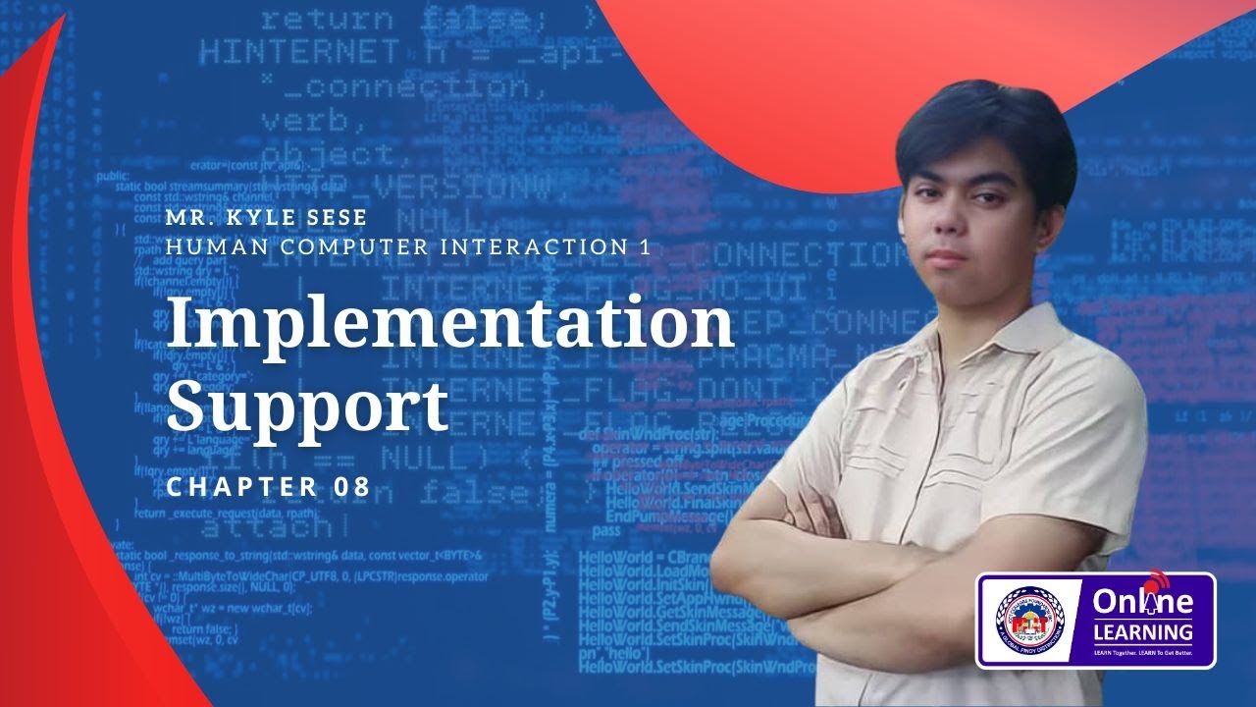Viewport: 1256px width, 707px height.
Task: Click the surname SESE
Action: pyautogui.click(x=339, y=217)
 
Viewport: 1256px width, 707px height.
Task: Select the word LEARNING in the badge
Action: pyautogui.click(x=1142, y=631)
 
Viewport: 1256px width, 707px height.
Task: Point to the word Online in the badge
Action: pyautogui.click(x=1142, y=601)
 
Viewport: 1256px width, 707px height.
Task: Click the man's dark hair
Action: pyautogui.click(x=981, y=128)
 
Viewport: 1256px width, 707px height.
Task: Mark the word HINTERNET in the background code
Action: pyautogui.click(x=299, y=51)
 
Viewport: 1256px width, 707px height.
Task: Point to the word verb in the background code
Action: pyautogui.click(x=305, y=121)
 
